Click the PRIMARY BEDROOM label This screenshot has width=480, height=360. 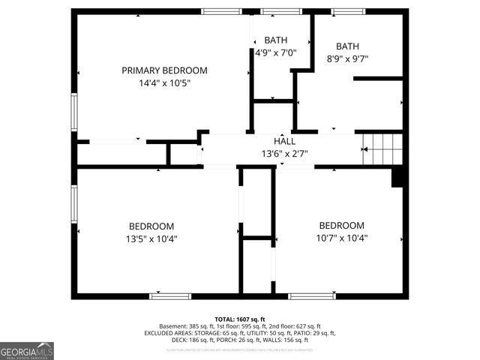164,70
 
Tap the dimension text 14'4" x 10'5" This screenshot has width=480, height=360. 164,83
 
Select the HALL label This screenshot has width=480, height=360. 283,141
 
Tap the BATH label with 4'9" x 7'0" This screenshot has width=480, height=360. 276,40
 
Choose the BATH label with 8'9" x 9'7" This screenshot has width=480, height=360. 347,46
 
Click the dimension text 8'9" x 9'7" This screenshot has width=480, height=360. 347,58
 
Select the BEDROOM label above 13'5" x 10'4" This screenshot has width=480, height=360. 151,226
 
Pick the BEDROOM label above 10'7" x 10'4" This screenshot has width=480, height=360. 341,225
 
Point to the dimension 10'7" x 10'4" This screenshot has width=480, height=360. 341,238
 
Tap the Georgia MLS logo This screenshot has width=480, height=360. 27,351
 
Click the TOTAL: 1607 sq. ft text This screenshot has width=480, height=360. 240,319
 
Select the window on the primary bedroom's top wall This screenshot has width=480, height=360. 221,11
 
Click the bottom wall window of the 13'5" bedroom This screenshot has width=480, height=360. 170,295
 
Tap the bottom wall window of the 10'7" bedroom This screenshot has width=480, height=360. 312,295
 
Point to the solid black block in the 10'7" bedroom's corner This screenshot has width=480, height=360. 398,177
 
